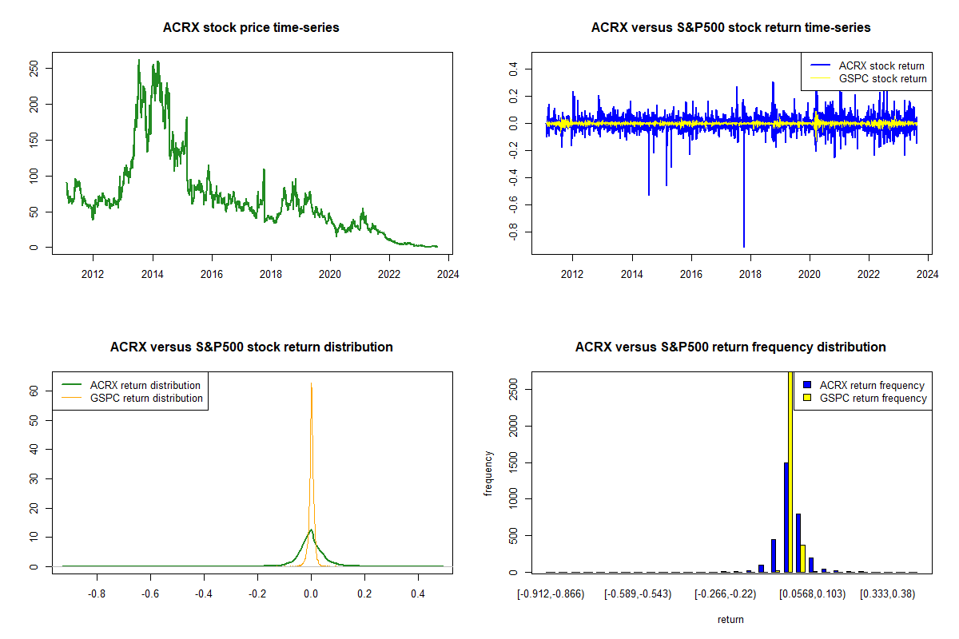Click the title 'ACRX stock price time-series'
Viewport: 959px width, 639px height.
pyautogui.click(x=251, y=28)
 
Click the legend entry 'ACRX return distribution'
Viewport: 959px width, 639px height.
pyautogui.click(x=145, y=385)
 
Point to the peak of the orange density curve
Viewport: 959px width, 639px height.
pyautogui.click(x=311, y=384)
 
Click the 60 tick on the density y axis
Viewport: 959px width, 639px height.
pyautogui.click(x=34, y=391)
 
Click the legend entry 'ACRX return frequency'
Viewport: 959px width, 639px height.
pyautogui.click(x=872, y=385)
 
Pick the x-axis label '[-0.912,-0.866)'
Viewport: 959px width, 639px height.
pyautogui.click(x=551, y=595)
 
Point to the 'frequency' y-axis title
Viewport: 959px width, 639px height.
pyautogui.click(x=489, y=473)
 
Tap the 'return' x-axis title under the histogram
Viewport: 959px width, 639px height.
pyautogui.click(x=730, y=619)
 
